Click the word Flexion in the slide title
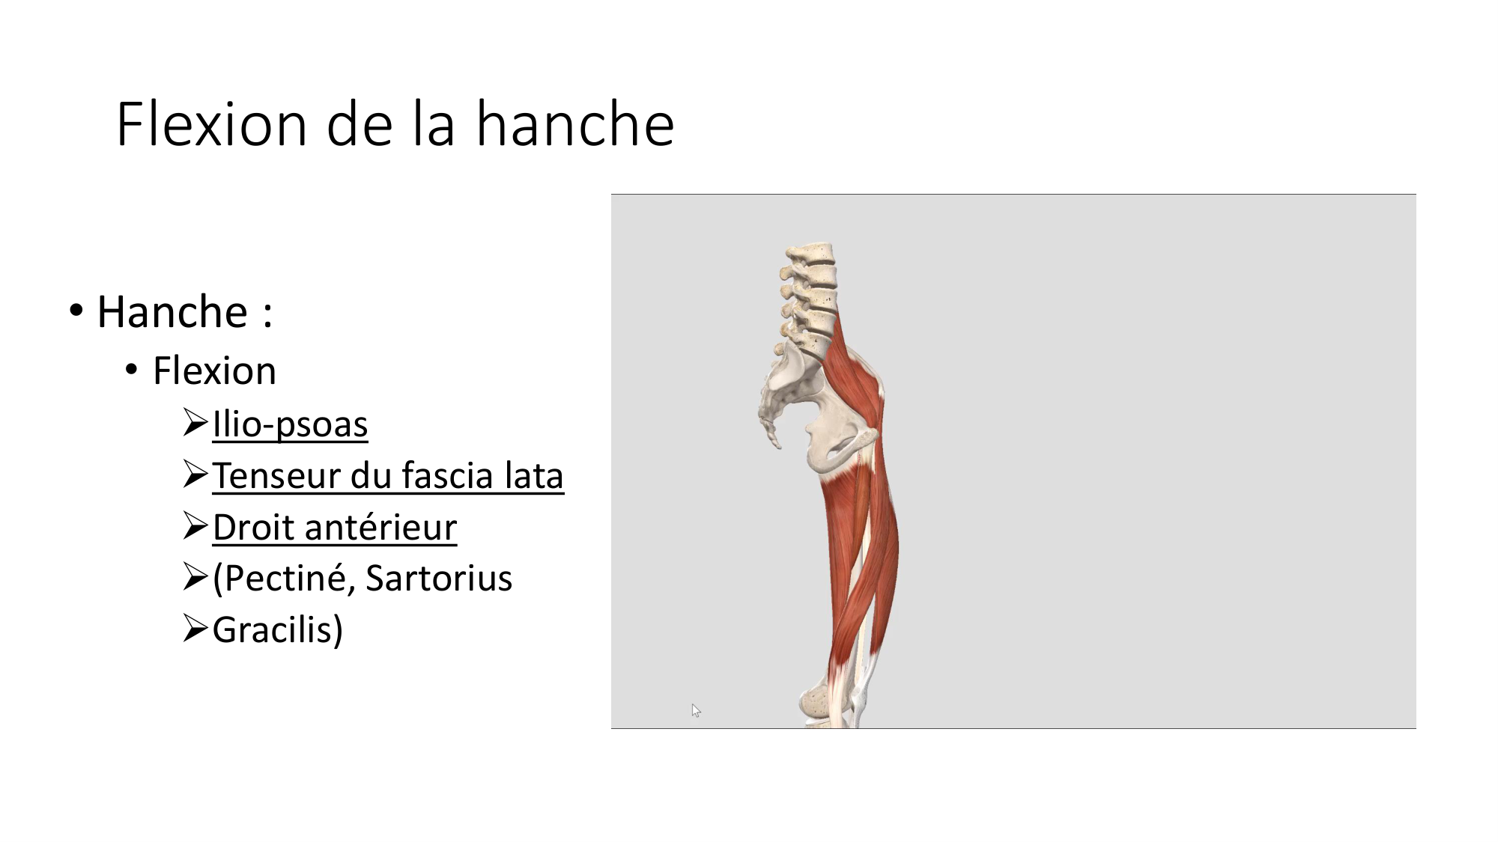[212, 124]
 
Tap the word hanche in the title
[575, 124]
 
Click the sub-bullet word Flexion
[214, 370]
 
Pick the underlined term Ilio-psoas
[290, 424]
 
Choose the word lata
[534, 476]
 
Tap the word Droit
[252, 528]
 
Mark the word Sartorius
[439, 579]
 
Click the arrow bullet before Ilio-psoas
[195, 423]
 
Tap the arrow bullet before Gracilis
[195, 628]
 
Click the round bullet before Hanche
[76, 310]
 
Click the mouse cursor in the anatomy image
[696, 710]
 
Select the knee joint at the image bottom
[831, 700]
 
